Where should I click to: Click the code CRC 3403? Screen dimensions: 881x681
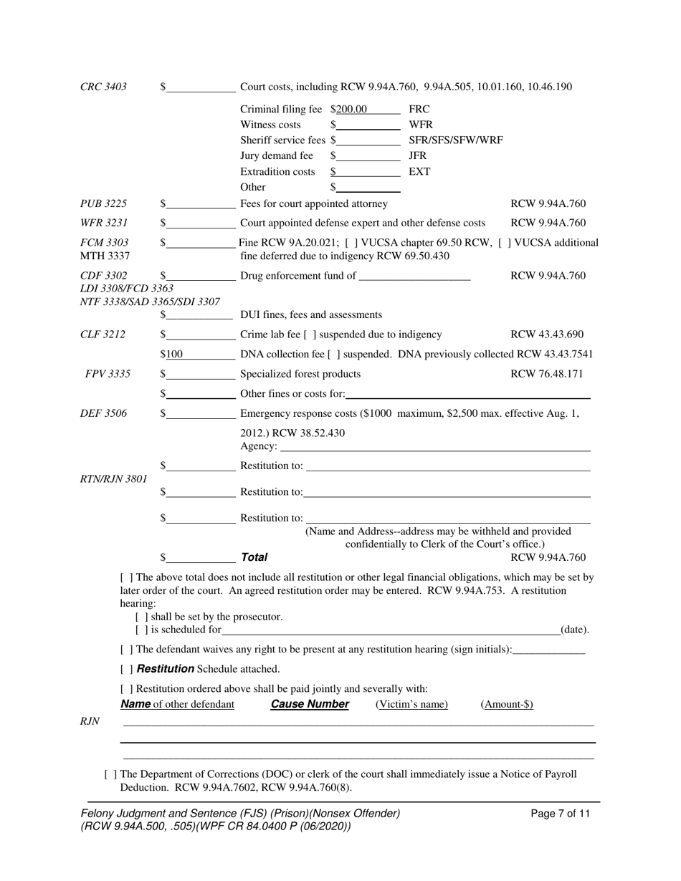pyautogui.click(x=103, y=87)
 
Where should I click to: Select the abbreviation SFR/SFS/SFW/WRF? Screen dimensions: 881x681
pyautogui.click(x=455, y=140)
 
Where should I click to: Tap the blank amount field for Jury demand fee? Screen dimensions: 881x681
pyautogui.click(x=367, y=156)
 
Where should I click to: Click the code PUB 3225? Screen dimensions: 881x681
pyautogui.click(x=103, y=204)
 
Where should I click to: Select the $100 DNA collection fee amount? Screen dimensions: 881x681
pyautogui.click(x=172, y=355)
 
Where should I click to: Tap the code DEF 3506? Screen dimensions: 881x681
pyautogui.click(x=103, y=413)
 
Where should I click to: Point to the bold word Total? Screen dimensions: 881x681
pyautogui.click(x=254, y=557)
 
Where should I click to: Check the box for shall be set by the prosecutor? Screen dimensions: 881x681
pyautogui.click(x=141, y=617)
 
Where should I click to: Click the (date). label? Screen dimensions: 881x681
pyautogui.click(x=574, y=630)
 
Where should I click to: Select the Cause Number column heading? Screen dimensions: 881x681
pyautogui.click(x=310, y=705)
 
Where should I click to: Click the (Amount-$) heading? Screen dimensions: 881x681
pyautogui.click(x=506, y=705)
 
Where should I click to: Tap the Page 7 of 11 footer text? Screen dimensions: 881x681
pyautogui.click(x=561, y=814)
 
